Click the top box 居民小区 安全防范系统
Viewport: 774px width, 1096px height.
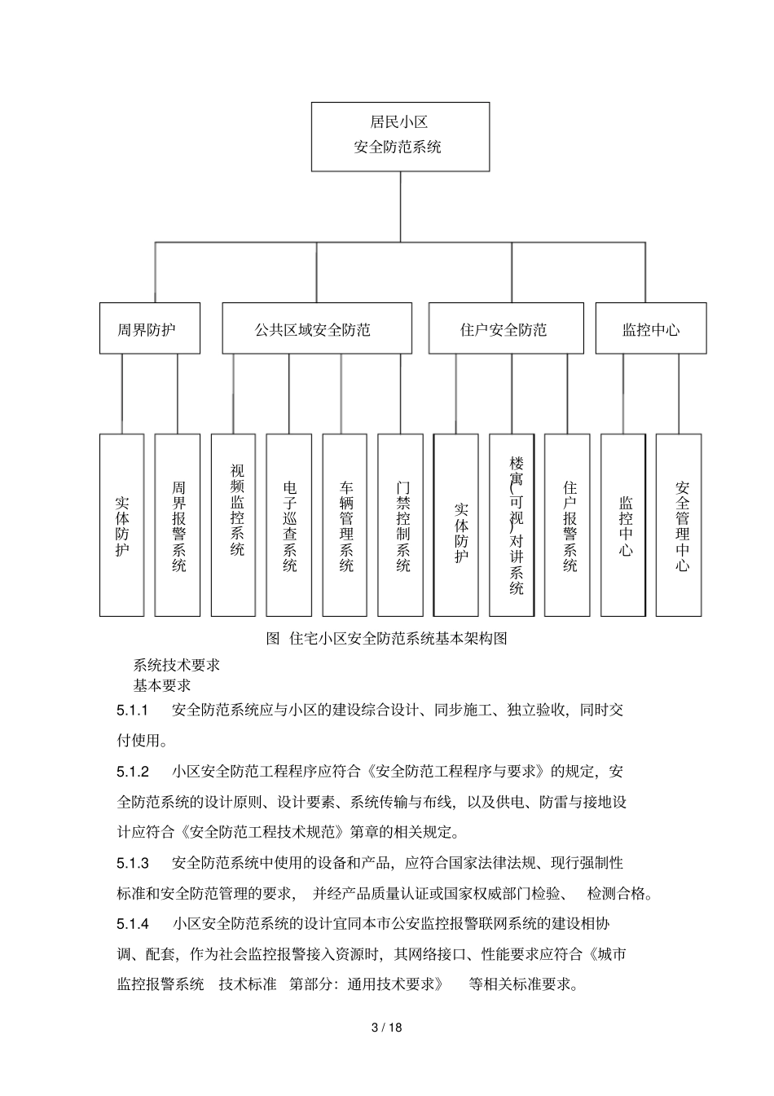pos(400,136)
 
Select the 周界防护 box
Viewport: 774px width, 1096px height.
pos(149,328)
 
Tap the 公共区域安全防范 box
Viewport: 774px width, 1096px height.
pos(313,328)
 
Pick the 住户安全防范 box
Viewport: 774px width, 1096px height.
pos(505,328)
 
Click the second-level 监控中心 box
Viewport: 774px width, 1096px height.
pos(650,328)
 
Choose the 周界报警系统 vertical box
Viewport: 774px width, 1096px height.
pos(177,525)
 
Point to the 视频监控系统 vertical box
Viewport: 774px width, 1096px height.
pos(233,525)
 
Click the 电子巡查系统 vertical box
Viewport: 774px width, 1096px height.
pos(288,525)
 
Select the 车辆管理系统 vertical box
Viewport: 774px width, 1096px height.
pos(345,525)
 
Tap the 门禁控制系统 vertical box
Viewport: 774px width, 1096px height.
pos(400,525)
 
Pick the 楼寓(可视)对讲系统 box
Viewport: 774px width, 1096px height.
pos(512,525)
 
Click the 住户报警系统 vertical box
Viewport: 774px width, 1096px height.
pos(567,525)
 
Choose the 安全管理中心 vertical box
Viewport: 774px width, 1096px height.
pos(679,525)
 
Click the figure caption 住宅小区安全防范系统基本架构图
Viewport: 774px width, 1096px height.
pos(388,639)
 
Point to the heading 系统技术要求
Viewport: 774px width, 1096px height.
pos(176,665)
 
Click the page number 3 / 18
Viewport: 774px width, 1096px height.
pos(387,1027)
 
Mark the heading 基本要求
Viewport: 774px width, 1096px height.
pos(161,685)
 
